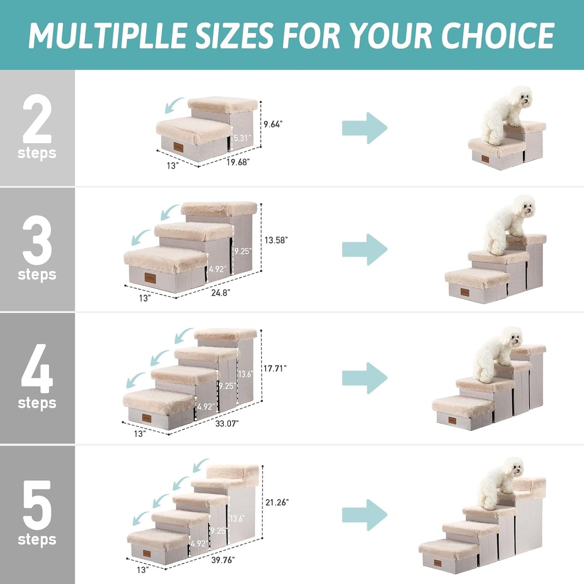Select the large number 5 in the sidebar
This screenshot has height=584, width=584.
click(x=37, y=505)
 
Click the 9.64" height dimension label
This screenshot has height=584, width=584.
click(x=273, y=124)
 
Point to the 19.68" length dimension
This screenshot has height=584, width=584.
click(x=238, y=162)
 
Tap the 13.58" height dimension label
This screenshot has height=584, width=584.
click(x=276, y=240)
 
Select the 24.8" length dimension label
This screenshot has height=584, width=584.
click(x=220, y=293)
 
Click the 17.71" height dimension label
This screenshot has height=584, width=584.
click(x=275, y=368)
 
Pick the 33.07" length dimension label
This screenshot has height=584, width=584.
click(x=227, y=424)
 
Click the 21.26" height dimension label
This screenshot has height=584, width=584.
click(x=277, y=502)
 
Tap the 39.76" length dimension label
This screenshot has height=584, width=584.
click(x=223, y=560)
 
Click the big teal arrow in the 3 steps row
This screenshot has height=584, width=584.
click(x=365, y=249)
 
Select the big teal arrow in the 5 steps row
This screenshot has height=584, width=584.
click(x=365, y=515)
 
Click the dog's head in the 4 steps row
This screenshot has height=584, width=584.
click(x=511, y=339)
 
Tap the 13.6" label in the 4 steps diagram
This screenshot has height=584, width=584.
click(x=245, y=374)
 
